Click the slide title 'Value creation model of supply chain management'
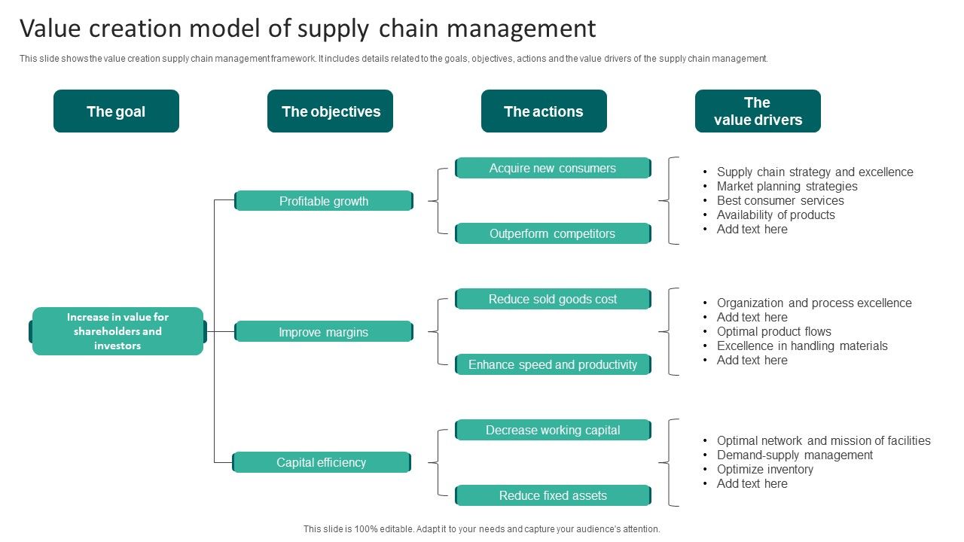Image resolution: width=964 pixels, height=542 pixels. pos(307,29)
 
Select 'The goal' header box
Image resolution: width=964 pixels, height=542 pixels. pos(116,111)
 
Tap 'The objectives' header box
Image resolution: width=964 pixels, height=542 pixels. pos(330,111)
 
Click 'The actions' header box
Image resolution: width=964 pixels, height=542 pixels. pos(544,111)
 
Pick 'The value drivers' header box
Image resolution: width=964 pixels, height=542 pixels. pos(758,111)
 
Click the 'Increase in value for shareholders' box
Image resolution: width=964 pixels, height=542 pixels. pos(117,331)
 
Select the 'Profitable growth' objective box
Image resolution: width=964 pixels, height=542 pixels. pos(324,201)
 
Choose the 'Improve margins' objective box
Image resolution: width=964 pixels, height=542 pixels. pos(324,332)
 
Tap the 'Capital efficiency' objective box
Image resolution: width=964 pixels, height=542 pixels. pos(322,462)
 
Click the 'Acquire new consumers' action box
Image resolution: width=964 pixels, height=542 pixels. pos(553,168)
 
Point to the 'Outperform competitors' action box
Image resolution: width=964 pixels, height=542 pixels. pos(553,233)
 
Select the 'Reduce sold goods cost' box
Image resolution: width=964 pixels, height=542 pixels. pos(553,299)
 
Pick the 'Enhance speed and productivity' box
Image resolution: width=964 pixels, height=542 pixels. pos(553,364)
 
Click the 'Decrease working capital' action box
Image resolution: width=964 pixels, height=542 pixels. pos(553,430)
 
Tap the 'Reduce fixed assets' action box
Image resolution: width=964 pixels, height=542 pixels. pos(553,495)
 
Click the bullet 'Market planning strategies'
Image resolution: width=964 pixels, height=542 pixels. pos(787,186)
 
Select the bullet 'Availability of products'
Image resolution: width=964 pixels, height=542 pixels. pos(776,215)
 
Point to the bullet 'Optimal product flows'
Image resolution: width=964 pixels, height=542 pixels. pos(774,331)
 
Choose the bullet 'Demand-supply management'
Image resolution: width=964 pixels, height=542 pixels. pos(795,455)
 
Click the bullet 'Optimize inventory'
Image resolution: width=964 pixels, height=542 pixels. pos(765,469)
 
